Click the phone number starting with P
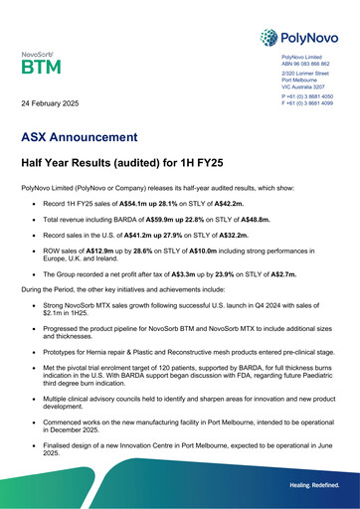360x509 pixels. [x=306, y=96]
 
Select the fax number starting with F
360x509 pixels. [x=306, y=103]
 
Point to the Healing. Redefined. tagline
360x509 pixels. [x=311, y=484]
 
